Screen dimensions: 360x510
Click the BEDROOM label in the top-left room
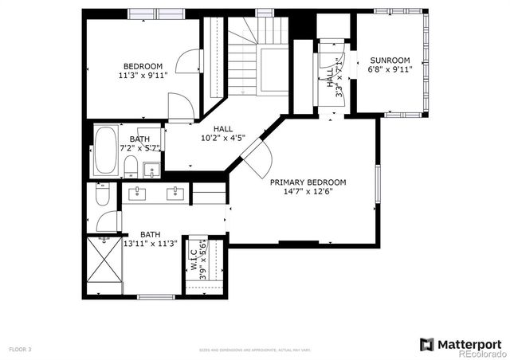pos(143,66)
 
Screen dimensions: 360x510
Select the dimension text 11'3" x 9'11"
pos(143,76)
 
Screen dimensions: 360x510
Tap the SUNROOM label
pos(390,60)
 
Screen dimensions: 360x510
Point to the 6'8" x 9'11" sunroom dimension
pos(390,69)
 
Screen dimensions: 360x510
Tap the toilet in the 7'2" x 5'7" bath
pos(130,166)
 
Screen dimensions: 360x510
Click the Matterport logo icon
pos(427,343)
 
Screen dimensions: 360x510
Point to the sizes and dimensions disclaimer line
pos(254,349)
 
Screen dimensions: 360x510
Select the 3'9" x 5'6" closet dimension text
pos(203,257)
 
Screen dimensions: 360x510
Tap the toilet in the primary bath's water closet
pos(103,196)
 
